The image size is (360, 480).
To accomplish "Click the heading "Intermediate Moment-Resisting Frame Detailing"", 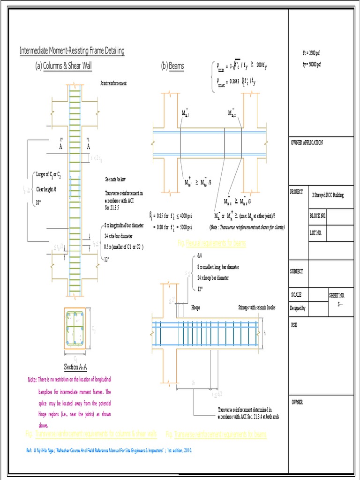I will tap(72, 51).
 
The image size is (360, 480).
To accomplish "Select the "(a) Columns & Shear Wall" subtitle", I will tap(63, 66).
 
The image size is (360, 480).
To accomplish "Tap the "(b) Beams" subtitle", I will tap(172, 66).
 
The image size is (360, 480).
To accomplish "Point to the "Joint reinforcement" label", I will tap(113, 83).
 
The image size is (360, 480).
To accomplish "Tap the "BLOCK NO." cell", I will tap(317, 216).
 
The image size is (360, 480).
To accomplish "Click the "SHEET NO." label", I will tap(337, 295).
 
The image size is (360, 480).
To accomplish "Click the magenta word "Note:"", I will tap(32, 379).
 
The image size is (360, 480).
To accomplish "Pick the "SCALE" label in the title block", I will tap(296, 295).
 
